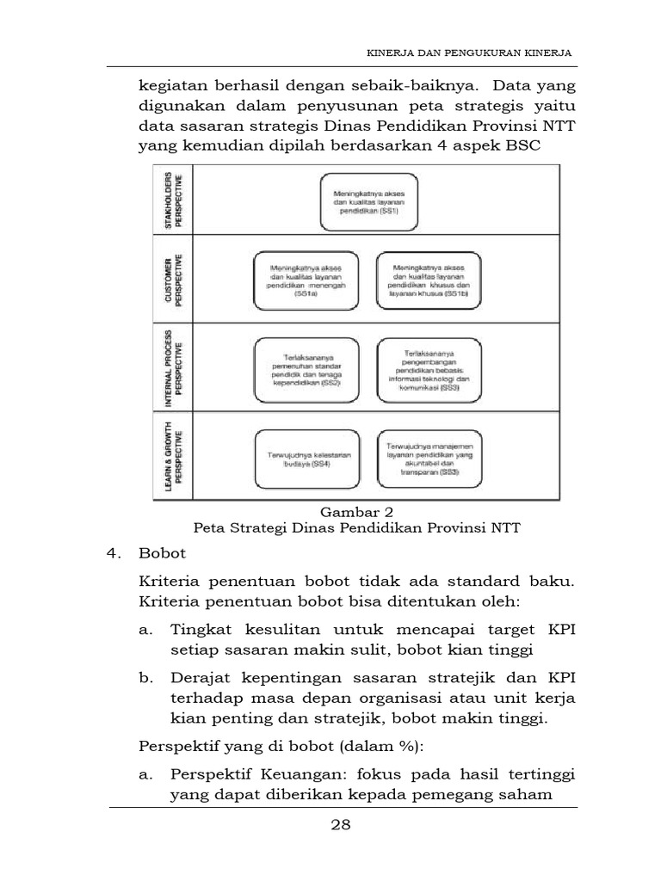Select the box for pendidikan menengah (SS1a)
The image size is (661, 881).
pyautogui.click(x=307, y=280)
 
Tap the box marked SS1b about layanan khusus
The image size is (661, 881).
pyautogui.click(x=429, y=280)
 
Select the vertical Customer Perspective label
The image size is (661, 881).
pyautogui.click(x=172, y=279)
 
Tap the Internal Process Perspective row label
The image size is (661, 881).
pyautogui.click(x=172, y=367)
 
